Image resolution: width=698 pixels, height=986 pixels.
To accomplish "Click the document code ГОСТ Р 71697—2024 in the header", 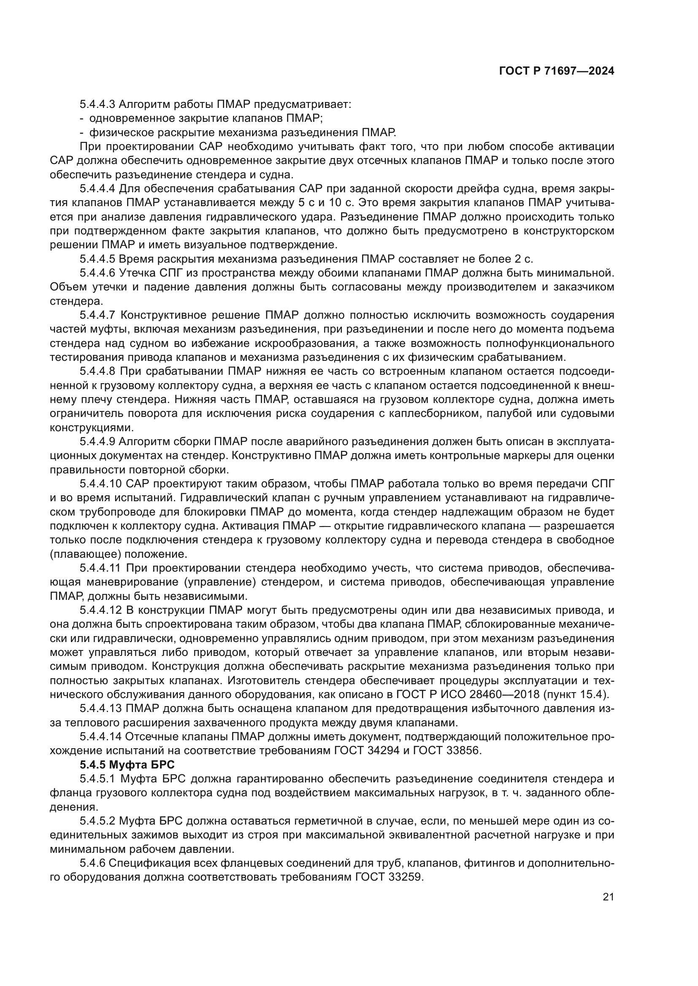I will (x=557, y=71).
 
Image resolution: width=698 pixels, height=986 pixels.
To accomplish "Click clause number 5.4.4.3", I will (x=97, y=105).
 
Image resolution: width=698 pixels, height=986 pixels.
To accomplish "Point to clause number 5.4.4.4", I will (x=97, y=188).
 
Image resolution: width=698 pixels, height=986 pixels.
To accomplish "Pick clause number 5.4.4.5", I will (x=97, y=259).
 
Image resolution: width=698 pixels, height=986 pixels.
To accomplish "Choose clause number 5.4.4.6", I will (x=97, y=273).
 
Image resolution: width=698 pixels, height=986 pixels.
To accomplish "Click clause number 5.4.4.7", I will (x=97, y=315).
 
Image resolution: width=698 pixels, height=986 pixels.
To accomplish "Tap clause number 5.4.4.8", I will (x=97, y=371).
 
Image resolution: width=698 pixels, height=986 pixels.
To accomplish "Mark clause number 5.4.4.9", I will (x=97, y=441).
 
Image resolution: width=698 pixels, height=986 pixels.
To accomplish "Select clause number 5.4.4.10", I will (x=100, y=484).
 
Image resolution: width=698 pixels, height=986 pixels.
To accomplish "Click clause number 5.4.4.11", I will (x=100, y=568).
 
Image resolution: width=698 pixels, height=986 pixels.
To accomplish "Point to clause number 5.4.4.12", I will (x=100, y=610).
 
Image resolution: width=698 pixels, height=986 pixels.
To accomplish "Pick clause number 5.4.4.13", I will (x=100, y=709).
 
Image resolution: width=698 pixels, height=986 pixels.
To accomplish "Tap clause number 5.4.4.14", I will (x=100, y=737).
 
